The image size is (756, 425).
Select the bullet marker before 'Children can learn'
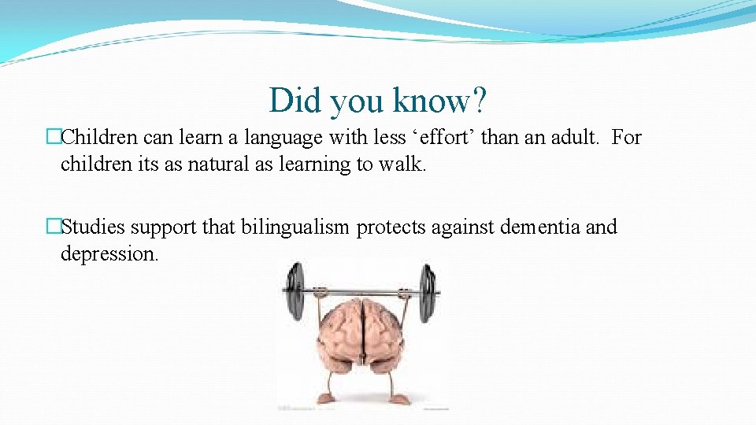click(x=54, y=138)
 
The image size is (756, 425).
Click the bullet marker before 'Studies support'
click(x=54, y=227)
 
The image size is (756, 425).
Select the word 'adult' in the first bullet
click(x=573, y=138)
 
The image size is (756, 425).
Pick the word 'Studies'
click(x=94, y=227)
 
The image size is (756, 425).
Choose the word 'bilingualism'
click(x=295, y=227)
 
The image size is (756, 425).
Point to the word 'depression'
click(x=109, y=254)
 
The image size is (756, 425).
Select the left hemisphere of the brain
click(x=336, y=331)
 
